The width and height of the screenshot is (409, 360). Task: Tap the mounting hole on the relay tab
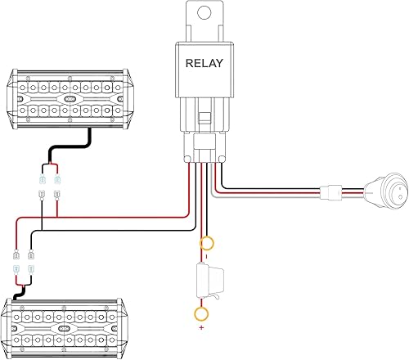[205, 13]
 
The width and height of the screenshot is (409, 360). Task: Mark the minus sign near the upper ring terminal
[205, 255]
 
